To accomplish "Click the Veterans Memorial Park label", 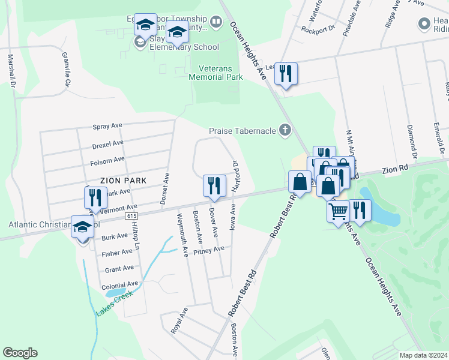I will click(215, 73).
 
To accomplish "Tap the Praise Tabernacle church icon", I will click(285, 130).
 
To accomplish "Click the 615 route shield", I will click(131, 215).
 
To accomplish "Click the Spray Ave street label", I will click(107, 127).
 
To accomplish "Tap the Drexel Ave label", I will click(108, 144).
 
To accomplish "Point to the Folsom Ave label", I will click(107, 160).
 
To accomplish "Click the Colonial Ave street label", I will click(120, 284).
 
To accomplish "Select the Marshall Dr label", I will click(11, 71).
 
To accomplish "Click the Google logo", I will click(20, 353).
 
